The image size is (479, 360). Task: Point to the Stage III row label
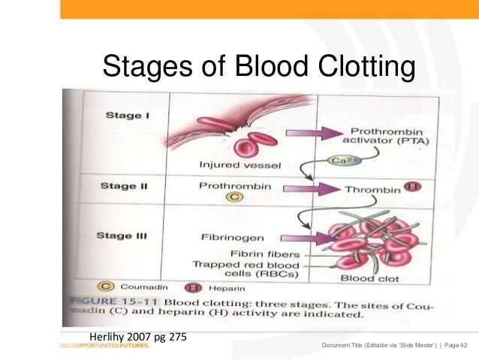tap(121, 235)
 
